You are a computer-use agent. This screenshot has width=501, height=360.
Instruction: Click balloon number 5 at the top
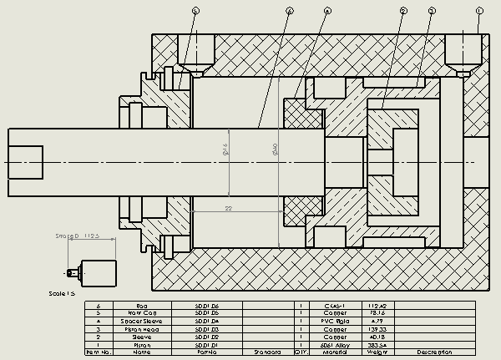195,10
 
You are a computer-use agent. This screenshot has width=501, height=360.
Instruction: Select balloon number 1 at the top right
479,10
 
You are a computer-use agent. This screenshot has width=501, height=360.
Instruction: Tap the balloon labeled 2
403,10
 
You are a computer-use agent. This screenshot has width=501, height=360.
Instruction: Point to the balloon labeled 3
431,10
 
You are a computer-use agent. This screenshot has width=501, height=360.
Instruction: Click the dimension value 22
226,206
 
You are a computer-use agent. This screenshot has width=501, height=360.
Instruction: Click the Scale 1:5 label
63,293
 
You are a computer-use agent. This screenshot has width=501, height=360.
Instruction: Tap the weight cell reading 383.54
375,344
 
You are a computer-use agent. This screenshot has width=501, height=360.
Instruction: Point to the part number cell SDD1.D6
206,306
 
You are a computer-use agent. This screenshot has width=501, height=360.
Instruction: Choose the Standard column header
267,352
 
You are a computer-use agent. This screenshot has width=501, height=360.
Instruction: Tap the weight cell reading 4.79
375,321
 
